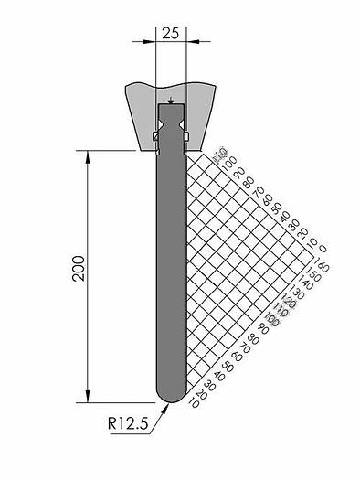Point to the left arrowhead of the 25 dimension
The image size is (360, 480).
(x=152, y=40)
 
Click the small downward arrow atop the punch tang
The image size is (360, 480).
(x=171, y=99)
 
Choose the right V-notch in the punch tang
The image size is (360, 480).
(x=182, y=118)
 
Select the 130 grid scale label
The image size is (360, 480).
(x=299, y=291)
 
